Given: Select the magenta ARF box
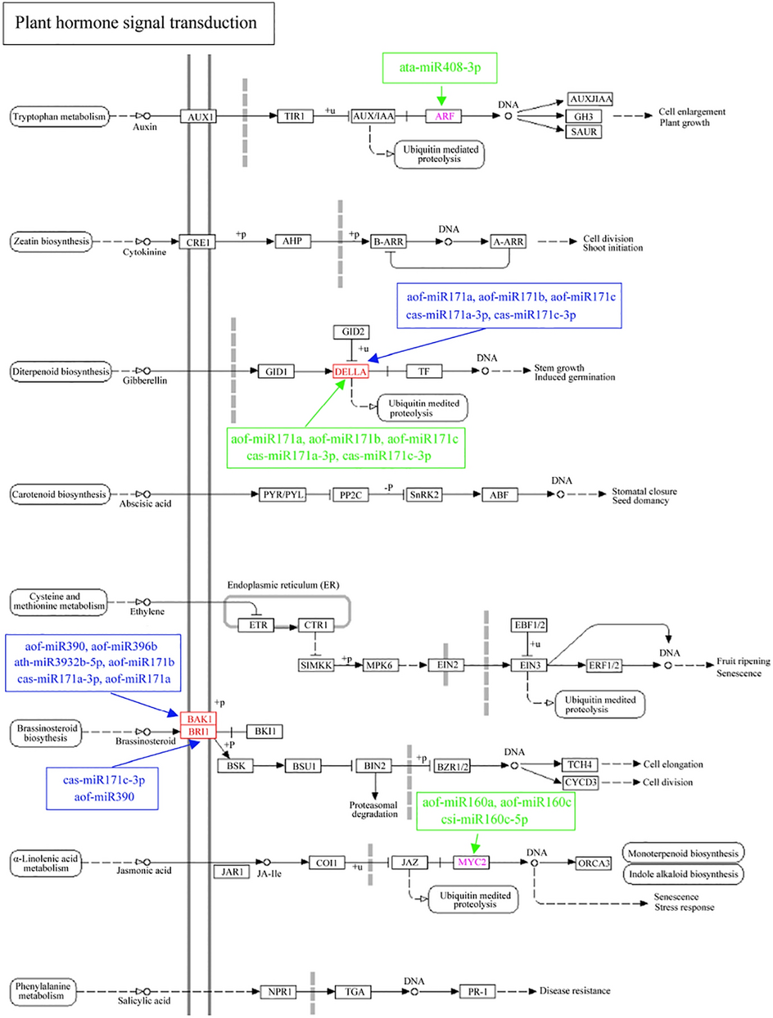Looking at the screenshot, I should coord(445,116).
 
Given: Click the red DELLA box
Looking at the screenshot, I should coord(351,372).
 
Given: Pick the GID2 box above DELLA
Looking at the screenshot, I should coord(350,332).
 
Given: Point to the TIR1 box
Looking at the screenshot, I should coord(295,116).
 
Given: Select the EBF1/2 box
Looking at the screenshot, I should coord(531,626).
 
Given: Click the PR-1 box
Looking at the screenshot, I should coord(477,992).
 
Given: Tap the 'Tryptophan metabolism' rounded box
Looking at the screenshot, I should coord(59,117).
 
